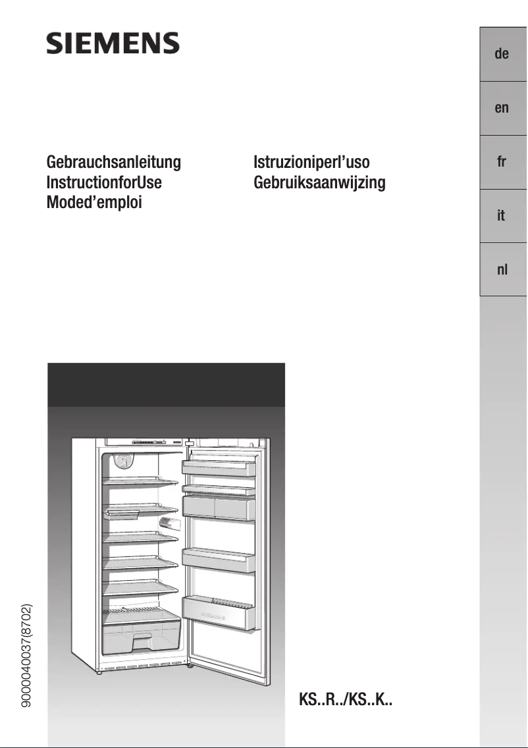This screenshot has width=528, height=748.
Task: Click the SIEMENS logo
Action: tap(113, 44)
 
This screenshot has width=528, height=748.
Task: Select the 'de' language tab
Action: tap(502, 54)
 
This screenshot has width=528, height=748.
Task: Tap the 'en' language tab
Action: tap(502, 108)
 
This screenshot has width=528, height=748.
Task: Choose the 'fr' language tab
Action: tap(502, 162)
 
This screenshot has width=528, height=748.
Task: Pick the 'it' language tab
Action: tap(502, 216)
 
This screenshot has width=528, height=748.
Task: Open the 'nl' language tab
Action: tap(502, 269)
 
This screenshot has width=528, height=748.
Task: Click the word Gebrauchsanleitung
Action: tap(113, 162)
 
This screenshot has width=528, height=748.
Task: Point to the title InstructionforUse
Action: tap(104, 182)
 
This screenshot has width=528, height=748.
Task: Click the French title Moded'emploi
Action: tap(94, 203)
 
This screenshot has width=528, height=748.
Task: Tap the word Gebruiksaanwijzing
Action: tap(319, 182)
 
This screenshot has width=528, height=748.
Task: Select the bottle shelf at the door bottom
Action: tap(219, 612)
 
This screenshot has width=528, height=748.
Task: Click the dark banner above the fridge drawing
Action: tap(166, 385)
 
